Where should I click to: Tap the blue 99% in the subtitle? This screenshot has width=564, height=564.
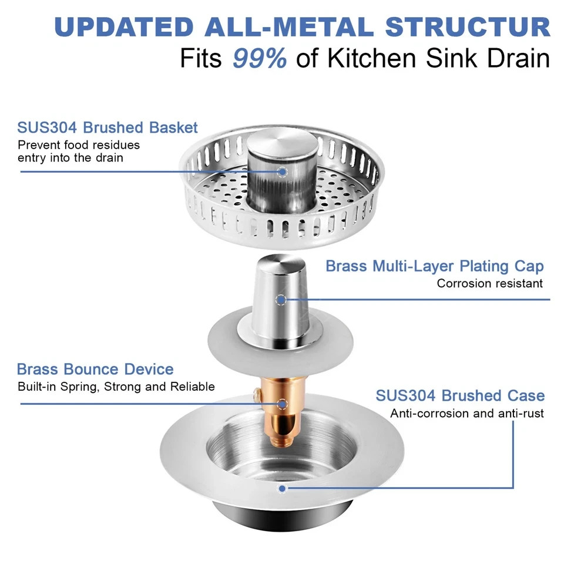(259, 59)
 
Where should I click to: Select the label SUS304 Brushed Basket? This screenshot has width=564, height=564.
(108, 127)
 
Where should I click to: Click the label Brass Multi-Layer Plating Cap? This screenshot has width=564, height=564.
(435, 266)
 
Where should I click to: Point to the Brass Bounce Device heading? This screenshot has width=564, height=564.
(95, 370)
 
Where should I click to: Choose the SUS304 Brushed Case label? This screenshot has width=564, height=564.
(460, 395)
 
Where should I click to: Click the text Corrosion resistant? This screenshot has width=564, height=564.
(489, 283)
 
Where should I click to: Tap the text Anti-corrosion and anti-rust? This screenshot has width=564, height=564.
(467, 414)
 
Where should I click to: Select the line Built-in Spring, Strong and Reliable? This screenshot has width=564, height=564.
(116, 387)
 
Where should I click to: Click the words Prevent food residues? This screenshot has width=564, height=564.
(79, 145)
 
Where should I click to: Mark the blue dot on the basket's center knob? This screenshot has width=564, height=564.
(283, 172)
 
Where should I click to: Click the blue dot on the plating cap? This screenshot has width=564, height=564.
(281, 300)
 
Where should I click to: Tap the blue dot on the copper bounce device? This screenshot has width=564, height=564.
(283, 404)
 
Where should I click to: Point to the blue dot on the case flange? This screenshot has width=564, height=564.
(283, 488)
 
